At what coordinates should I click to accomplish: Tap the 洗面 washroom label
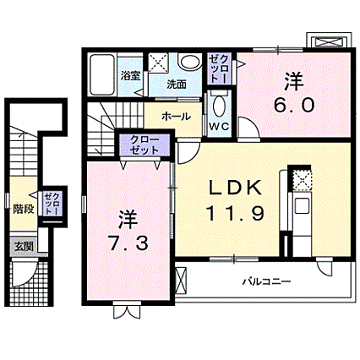[x=176, y=85]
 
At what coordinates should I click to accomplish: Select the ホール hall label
[x=175, y=117]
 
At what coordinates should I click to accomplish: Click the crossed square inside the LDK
[x=301, y=180]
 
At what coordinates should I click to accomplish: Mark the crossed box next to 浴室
[x=158, y=63]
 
